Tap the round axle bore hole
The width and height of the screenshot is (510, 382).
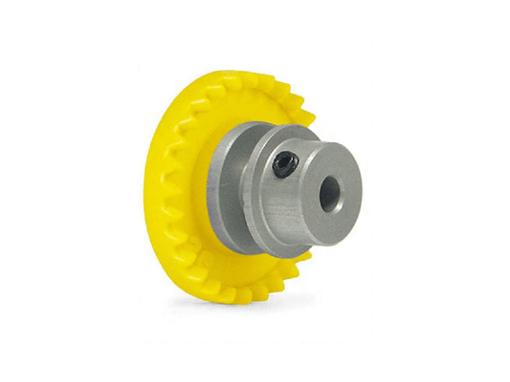328,194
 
